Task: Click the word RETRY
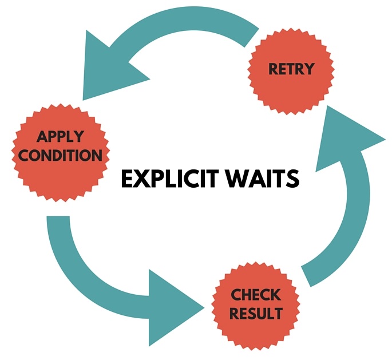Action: pos(291,69)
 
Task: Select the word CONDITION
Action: pos(60,155)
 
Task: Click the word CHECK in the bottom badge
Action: pos(256,295)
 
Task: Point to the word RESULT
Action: pos(256,314)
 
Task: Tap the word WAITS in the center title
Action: pos(262,179)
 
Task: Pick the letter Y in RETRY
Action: pos(309,69)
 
